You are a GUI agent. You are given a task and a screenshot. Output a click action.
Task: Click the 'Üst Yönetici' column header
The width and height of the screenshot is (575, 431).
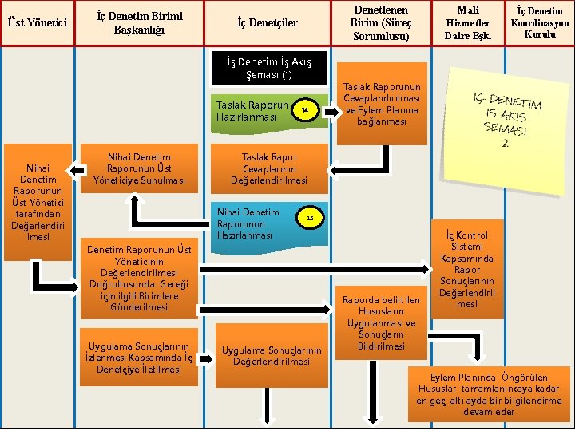coord(38,22)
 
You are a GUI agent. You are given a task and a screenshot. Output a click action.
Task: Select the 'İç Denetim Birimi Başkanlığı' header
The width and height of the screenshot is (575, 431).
coord(133,22)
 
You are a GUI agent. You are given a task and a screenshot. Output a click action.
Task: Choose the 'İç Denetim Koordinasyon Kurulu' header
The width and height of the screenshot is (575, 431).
coord(539,22)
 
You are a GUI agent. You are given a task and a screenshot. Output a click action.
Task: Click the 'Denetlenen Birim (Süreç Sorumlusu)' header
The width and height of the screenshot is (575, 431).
coord(380,22)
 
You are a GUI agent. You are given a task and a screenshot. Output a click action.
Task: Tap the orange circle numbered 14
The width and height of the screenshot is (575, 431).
coord(304,110)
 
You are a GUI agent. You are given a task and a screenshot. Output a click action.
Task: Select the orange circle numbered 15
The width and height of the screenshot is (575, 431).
coord(311,218)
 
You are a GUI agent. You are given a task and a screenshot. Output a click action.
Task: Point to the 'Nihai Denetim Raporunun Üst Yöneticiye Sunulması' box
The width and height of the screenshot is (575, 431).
coord(139,168)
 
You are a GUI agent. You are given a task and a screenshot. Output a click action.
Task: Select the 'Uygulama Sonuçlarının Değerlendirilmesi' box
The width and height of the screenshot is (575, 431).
coord(272,357)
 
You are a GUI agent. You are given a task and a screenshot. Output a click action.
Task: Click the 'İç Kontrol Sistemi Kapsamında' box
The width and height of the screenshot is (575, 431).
coord(467,269)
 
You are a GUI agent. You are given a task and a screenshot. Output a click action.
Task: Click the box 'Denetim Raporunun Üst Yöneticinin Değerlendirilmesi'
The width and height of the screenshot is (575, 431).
coord(140,278)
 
